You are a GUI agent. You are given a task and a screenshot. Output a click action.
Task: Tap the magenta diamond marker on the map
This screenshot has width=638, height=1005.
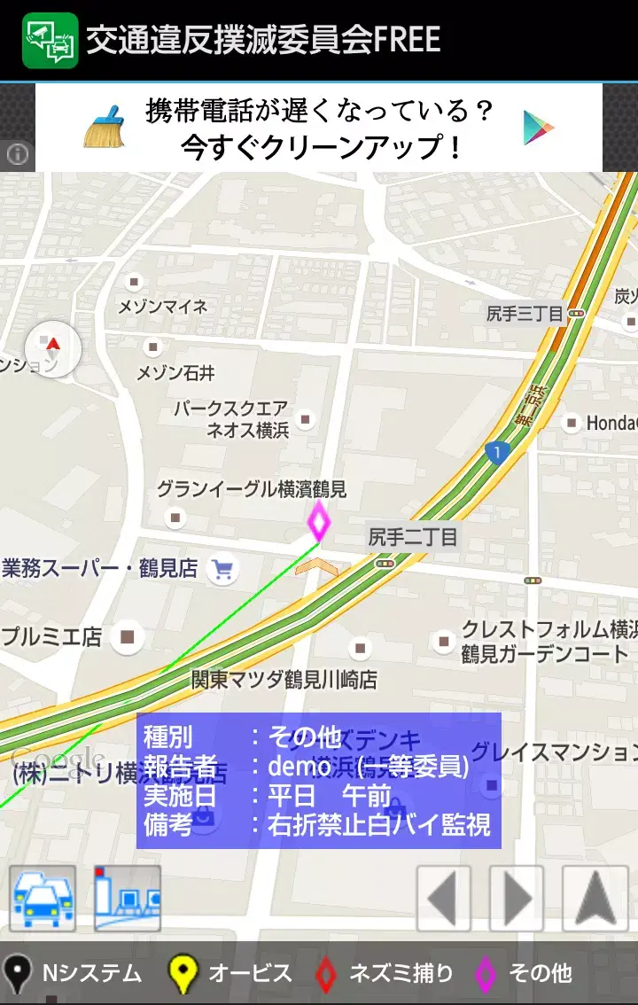coord(318,521)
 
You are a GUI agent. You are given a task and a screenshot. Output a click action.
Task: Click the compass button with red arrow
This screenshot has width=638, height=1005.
coord(53,348)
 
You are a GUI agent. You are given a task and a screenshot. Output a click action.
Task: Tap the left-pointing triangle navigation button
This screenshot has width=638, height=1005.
coord(443,899)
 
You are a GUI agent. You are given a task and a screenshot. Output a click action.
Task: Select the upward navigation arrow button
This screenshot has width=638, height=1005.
coord(595,899)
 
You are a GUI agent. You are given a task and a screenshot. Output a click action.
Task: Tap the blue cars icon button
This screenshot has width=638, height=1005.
coord(43,899)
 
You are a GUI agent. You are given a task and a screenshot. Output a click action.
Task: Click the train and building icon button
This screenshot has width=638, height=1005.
coord(128,899)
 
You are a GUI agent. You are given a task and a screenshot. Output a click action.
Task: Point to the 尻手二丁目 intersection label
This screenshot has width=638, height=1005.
coord(413,536)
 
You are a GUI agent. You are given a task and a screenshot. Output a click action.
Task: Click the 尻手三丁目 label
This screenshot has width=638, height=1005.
coord(525,314)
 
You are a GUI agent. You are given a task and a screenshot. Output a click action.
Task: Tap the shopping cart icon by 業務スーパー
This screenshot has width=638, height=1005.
coord(222,569)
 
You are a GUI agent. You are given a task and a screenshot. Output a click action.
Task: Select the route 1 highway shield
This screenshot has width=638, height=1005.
coord(497,453)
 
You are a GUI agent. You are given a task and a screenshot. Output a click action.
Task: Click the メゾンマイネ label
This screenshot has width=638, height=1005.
coord(163,307)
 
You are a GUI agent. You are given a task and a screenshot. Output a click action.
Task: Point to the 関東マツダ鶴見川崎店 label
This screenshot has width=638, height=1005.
coord(284,680)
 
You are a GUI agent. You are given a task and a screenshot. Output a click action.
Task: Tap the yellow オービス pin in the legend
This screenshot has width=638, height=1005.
coord(183,974)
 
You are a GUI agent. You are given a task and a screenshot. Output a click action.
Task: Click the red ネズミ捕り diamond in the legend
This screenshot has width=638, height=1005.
coord(326,974)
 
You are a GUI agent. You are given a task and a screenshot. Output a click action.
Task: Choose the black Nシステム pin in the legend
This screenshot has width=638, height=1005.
coord(17,974)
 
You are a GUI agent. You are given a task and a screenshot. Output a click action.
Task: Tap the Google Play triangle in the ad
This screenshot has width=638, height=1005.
coord(538,128)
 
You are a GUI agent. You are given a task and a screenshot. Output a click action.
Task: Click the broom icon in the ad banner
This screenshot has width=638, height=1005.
coord(105,127)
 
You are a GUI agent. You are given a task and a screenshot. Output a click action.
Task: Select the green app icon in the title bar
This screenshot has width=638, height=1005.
coord(51,40)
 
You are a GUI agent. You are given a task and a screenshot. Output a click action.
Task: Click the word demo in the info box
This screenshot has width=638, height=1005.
coord(300,766)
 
